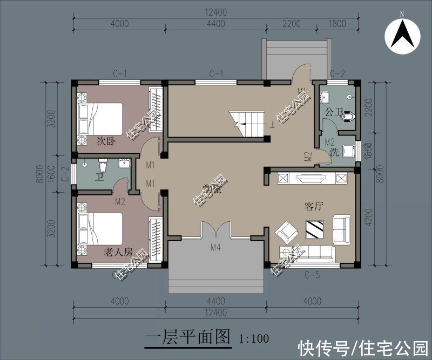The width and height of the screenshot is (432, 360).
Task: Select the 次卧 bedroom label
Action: point(106,142)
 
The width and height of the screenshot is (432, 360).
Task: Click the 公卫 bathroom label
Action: point(333,112)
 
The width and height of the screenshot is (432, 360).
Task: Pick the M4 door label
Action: point(215,248)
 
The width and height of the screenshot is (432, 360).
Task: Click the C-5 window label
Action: point(312,275)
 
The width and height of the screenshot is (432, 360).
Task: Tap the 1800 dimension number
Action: point(337,23)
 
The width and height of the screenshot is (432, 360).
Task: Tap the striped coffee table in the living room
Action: point(314,229)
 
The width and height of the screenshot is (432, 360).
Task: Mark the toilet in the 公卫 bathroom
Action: point(349,116)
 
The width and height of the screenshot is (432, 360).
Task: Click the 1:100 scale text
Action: point(254,339)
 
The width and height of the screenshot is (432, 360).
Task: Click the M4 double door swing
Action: point(215,229)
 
